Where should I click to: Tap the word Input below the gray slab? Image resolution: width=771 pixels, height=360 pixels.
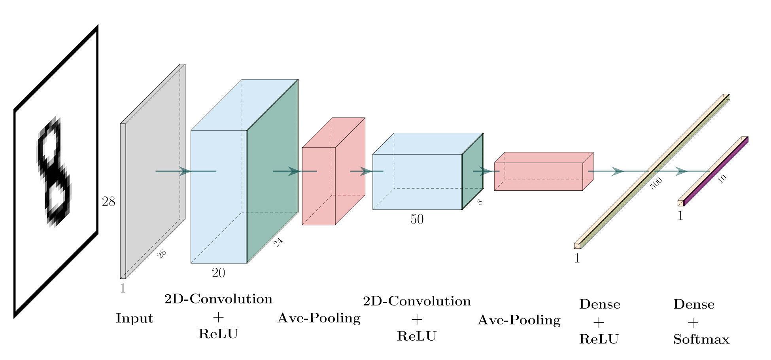pyautogui.click(x=134, y=318)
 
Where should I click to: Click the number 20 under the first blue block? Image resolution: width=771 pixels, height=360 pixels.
pyautogui.click(x=218, y=273)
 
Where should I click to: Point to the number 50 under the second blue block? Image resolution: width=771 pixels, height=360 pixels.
pyautogui.click(x=417, y=219)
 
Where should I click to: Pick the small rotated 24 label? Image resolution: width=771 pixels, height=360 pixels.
pyautogui.click(x=278, y=243)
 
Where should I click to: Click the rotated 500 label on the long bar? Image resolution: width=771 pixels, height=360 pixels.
pyautogui.click(x=656, y=184)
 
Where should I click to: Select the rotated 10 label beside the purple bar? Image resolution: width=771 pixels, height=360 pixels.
pyautogui.click(x=722, y=179)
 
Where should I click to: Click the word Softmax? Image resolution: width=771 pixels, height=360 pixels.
pyautogui.click(x=701, y=339)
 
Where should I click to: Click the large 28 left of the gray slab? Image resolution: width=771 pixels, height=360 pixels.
pyautogui.click(x=108, y=202)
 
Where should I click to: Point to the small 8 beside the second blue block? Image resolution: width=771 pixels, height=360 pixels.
pyautogui.click(x=480, y=202)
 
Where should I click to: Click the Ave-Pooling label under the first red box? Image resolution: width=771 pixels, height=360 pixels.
pyautogui.click(x=319, y=318)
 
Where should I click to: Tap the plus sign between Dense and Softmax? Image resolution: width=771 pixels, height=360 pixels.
pyautogui.click(x=693, y=323)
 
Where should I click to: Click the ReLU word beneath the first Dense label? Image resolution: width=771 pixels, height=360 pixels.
pyautogui.click(x=599, y=339)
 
